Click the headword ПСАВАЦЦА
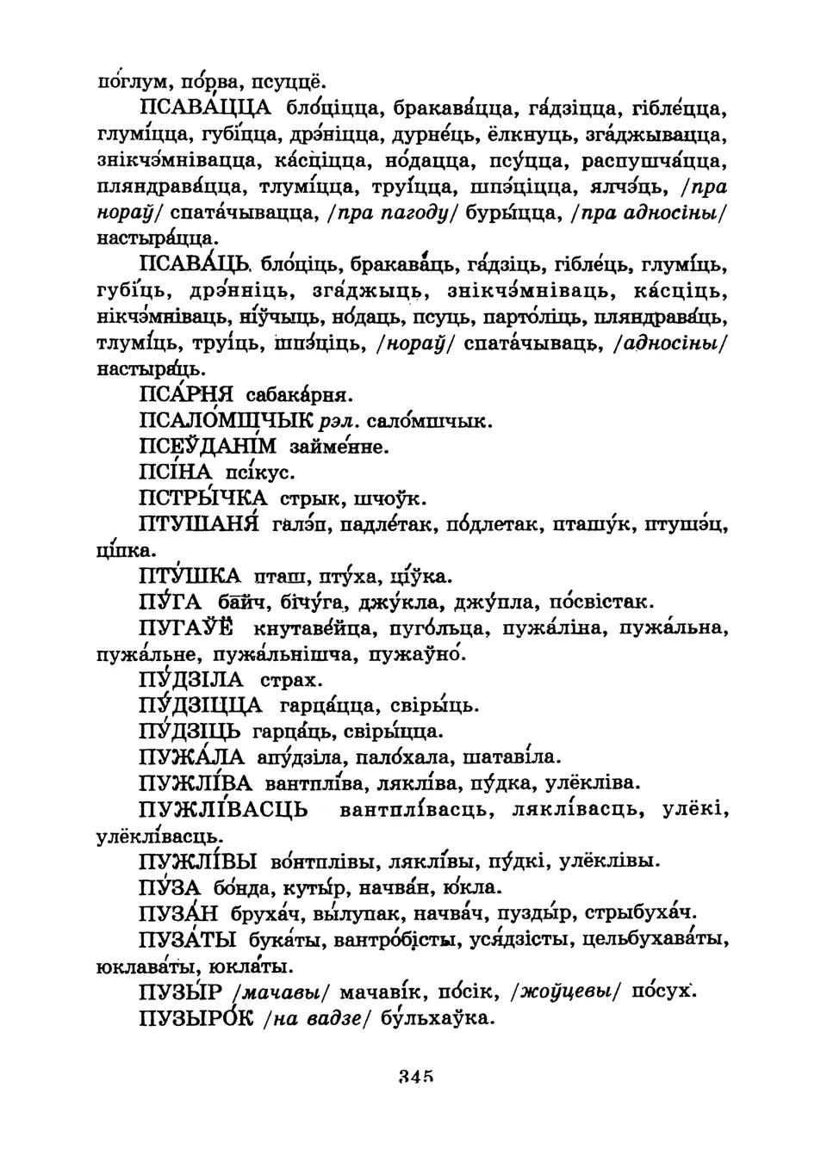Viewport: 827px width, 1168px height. click(x=205, y=108)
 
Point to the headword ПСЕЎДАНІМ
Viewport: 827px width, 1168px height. click(x=208, y=447)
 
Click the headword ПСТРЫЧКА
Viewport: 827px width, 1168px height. click(x=202, y=498)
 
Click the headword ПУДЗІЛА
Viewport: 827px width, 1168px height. click(x=191, y=680)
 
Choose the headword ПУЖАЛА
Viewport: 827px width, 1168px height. click(x=190, y=757)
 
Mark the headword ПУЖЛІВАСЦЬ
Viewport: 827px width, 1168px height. click(x=222, y=810)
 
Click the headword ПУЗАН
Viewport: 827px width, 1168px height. click(x=178, y=913)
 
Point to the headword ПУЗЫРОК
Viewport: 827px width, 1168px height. click(x=196, y=1018)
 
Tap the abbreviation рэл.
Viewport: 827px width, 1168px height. click(x=337, y=423)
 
